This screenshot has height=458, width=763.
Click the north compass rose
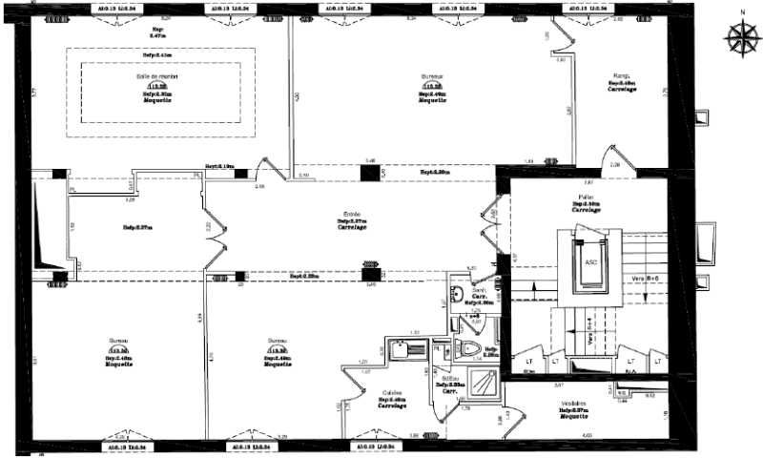point(739,35)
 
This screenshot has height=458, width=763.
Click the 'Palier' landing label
point(587,196)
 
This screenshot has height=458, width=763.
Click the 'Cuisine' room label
point(391,392)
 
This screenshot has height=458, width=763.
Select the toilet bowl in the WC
point(469,349)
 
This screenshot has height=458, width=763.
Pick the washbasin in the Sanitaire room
point(459,293)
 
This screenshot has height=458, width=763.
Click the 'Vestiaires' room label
point(572,403)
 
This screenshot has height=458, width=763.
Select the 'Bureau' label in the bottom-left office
point(119,340)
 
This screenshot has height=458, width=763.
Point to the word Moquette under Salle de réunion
point(156,101)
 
